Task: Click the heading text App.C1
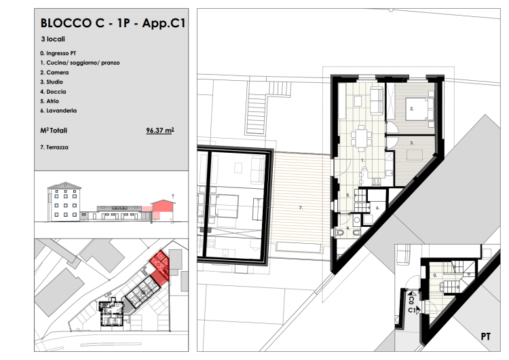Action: [164, 23]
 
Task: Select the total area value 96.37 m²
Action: [160, 130]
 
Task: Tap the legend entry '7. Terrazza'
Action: [54, 147]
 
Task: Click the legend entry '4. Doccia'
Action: [53, 92]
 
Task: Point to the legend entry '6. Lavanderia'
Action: [58, 111]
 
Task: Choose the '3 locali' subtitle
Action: [53, 39]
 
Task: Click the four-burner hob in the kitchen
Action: [376, 182]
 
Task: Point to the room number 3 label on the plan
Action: [412, 143]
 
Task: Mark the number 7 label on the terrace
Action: [301, 207]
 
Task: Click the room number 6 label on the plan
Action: [377, 208]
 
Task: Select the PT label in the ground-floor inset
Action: [486, 337]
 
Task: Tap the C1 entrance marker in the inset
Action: [414, 310]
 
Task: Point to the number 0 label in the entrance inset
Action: [435, 276]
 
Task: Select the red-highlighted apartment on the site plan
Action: [159, 267]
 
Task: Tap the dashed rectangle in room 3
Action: [415, 155]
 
